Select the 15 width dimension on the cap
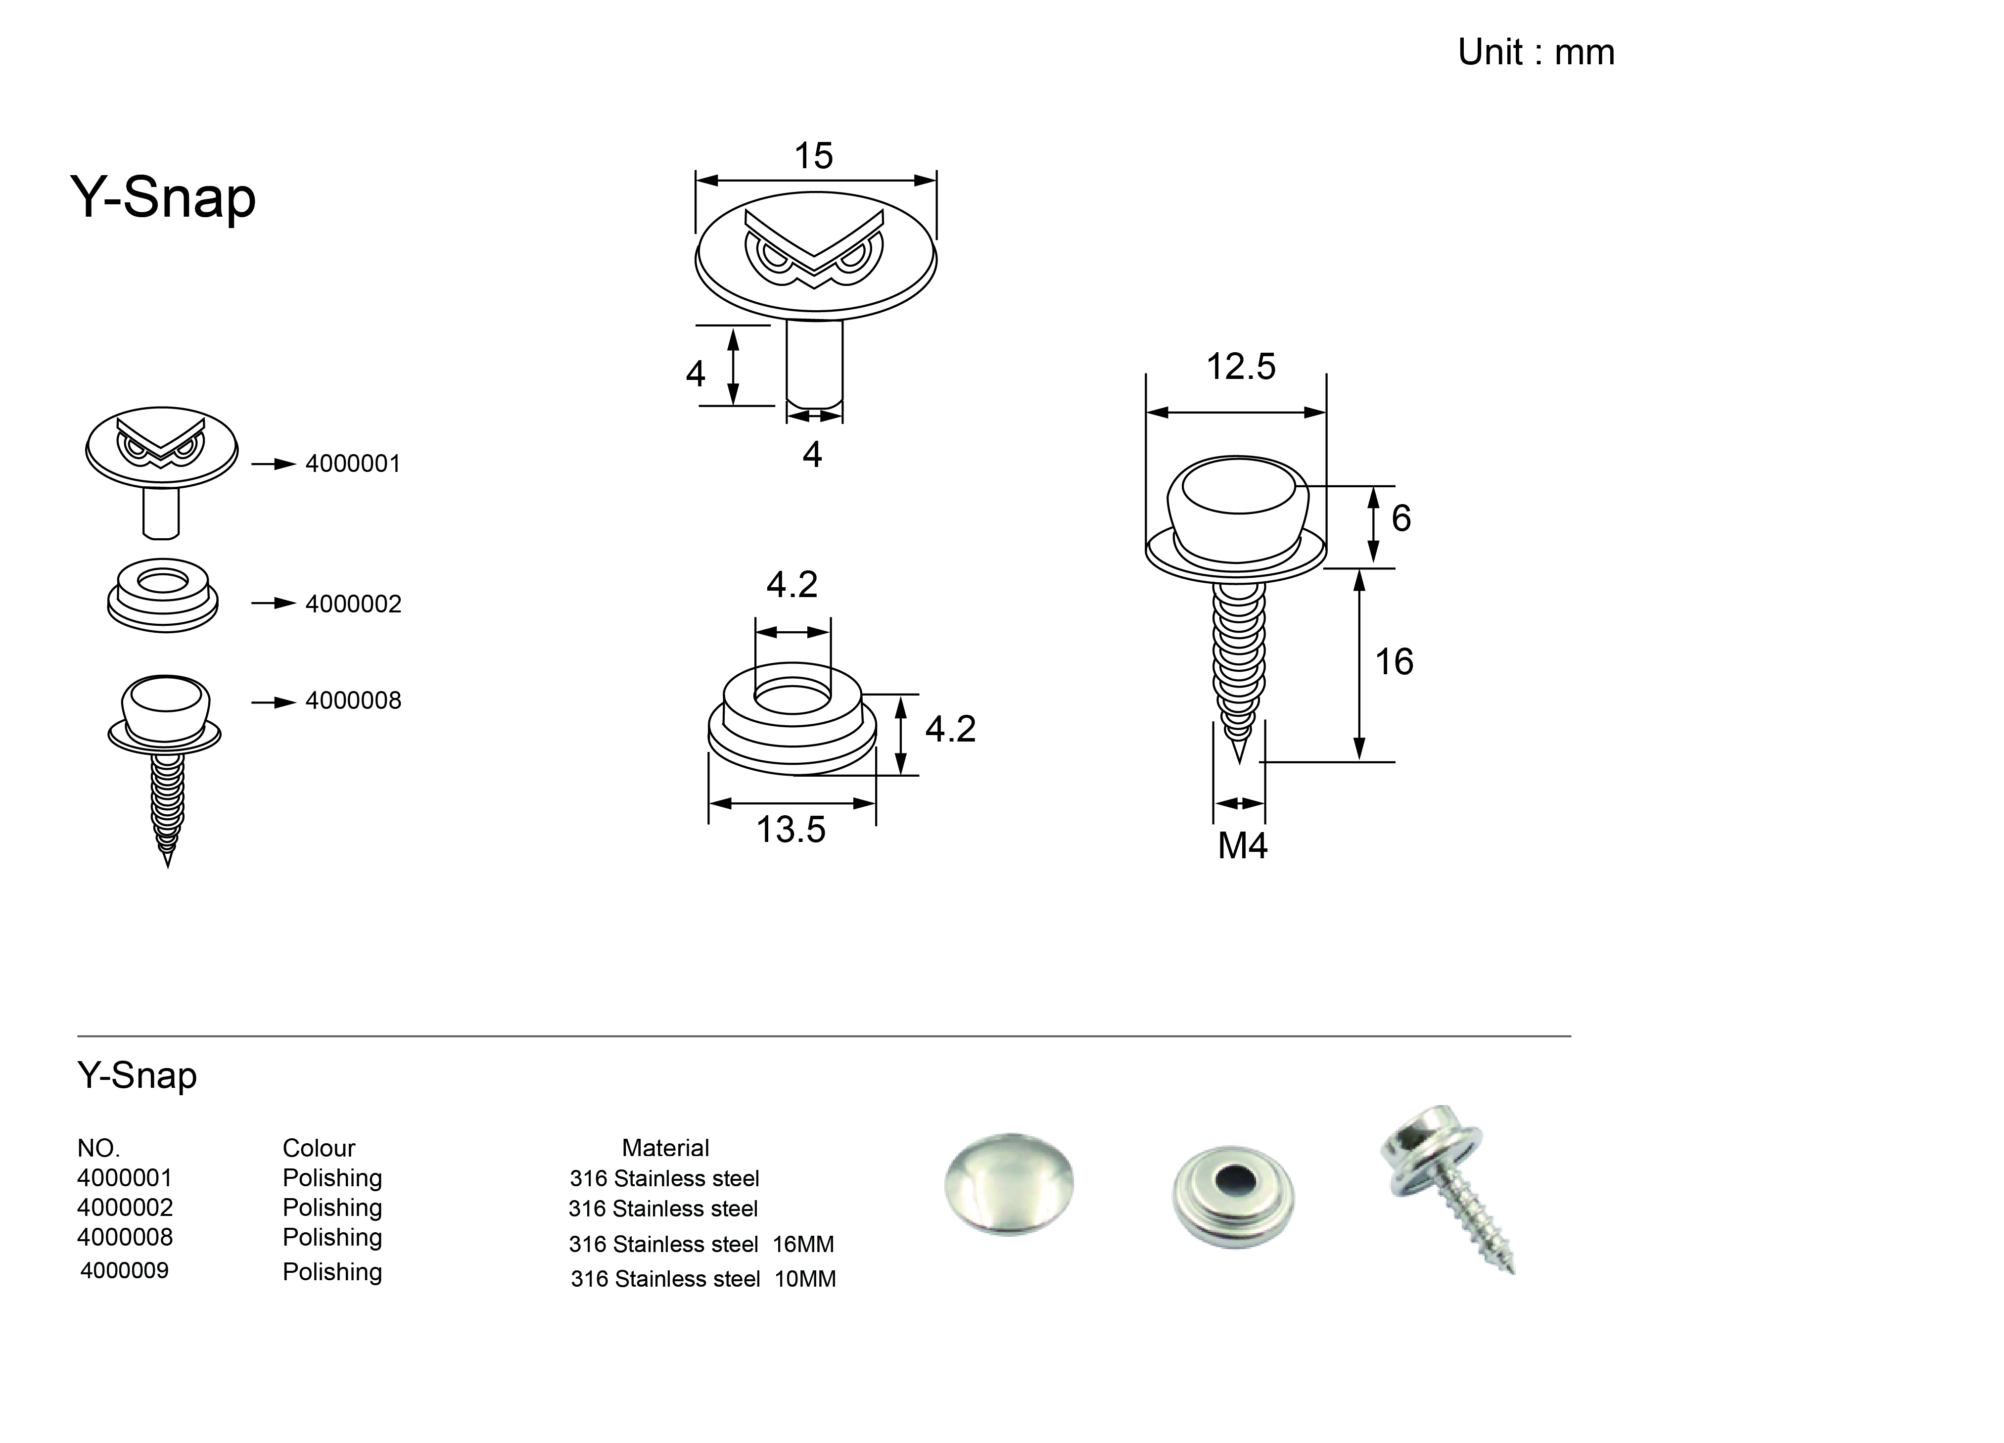coord(813,156)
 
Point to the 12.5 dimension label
coord(1241,367)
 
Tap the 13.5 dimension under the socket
coord(791,830)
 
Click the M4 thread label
coord(1242,845)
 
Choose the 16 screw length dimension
coord(1394,662)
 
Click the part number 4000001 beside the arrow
coord(353,464)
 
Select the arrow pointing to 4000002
coord(273,604)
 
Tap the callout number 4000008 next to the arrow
coord(353,701)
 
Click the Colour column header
coord(318,1148)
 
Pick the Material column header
coord(665,1148)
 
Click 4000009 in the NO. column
coord(125,1271)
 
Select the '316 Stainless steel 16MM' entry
coord(700,1244)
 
